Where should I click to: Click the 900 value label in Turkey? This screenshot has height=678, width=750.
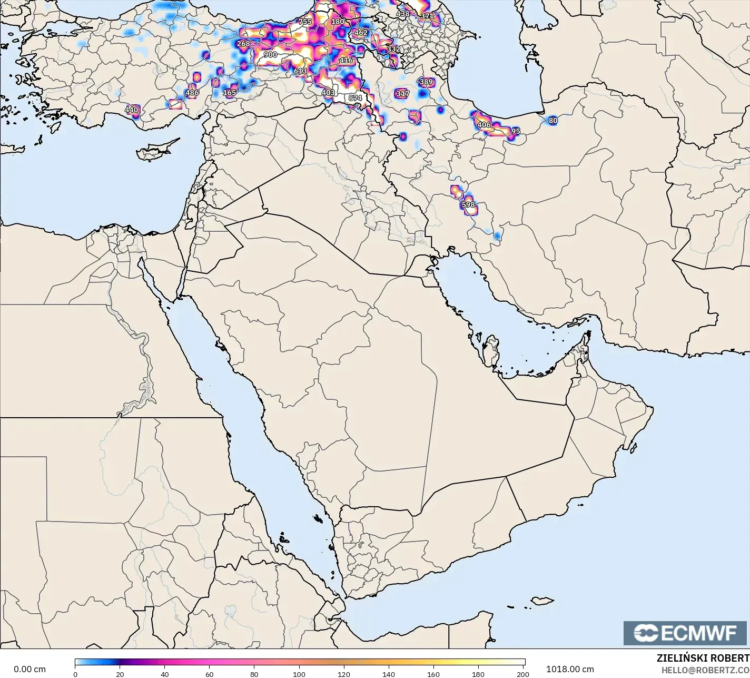[270, 55]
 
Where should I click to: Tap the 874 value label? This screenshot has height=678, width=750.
[355, 98]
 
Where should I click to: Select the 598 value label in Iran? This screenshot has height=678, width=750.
[468, 205]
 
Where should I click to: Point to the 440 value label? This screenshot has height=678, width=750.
[131, 110]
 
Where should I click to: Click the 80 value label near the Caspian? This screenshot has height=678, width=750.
[552, 121]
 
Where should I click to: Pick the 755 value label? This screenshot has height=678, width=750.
[305, 22]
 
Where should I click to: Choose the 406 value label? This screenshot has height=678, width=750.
[483, 125]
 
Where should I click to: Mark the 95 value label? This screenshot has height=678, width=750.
[516, 131]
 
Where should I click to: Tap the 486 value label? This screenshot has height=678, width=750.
[192, 93]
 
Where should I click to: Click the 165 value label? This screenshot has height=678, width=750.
[229, 93]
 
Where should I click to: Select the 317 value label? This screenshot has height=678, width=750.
[402, 94]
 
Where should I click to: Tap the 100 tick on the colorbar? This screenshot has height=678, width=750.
[300, 674]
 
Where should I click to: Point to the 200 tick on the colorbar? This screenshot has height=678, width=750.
[523, 674]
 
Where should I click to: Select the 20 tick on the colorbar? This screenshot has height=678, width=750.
[120, 674]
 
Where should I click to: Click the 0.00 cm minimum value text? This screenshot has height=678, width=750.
[29, 669]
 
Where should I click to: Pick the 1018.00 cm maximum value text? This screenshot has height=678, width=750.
[569, 669]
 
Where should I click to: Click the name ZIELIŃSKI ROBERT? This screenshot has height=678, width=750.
[703, 658]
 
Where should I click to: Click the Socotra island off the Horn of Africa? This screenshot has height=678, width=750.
[542, 601]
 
